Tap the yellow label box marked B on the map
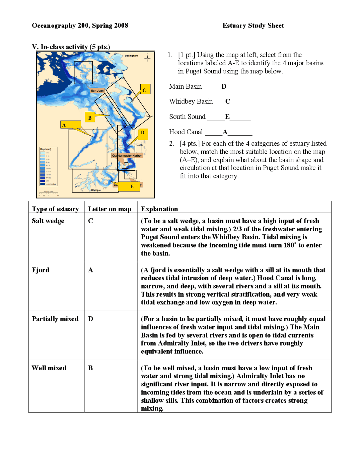coord(90,117)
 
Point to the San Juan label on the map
coord(97,91)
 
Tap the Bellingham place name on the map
coord(131,56)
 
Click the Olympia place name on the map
coord(96,190)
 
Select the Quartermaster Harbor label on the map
coord(127,155)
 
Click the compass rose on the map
coord(147,58)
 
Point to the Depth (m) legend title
coord(46,149)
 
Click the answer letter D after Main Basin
coord(224,87)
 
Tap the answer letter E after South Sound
coord(227,117)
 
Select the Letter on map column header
coord(110,209)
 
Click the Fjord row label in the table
coord(40,270)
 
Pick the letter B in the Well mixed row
coord(91,368)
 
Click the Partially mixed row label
coord(55,319)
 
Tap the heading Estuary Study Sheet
coord(253,26)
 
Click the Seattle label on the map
coord(139,145)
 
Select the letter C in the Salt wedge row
coord(91,221)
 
